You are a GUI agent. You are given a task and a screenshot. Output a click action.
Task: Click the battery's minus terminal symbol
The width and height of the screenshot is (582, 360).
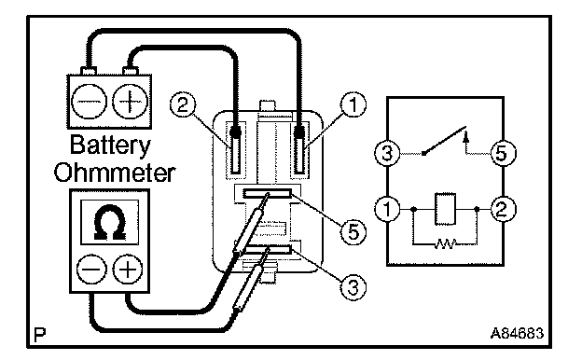tap(89, 102)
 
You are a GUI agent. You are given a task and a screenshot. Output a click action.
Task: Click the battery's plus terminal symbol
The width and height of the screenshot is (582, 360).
tap(130, 102)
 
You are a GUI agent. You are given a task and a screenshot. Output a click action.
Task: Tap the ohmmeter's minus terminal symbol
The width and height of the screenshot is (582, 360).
tap(91, 270)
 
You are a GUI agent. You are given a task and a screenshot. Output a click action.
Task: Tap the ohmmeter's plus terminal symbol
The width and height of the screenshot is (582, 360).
tap(127, 270)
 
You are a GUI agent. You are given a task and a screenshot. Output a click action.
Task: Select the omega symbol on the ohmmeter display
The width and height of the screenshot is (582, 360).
tap(109, 222)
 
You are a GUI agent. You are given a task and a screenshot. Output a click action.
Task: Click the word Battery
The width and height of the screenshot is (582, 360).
tap(110, 145)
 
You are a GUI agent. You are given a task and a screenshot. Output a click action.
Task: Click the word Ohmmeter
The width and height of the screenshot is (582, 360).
tap(115, 173)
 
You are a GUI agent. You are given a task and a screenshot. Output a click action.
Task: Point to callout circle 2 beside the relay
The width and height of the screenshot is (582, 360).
tap(183, 104)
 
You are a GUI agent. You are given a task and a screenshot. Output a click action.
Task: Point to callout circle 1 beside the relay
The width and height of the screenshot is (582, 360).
tap(353, 104)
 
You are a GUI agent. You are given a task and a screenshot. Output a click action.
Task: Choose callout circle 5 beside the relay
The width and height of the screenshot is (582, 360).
tap(353, 232)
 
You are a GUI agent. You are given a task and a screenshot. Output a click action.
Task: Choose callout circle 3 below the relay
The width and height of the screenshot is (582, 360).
tap(353, 287)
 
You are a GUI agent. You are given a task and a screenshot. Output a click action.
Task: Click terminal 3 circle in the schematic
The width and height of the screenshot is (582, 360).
tap(387, 153)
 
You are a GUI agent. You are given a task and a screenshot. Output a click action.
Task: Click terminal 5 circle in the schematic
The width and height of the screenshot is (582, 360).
tap(503, 153)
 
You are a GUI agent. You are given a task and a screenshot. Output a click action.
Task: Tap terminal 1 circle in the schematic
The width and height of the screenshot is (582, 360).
tap(387, 209)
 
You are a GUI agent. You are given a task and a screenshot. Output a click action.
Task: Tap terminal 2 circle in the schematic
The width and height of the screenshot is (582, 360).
tap(503, 209)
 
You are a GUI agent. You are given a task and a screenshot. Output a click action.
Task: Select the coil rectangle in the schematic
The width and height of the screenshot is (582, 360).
tap(445, 209)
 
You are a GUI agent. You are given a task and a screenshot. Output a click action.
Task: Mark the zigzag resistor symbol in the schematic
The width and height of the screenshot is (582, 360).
tap(445, 243)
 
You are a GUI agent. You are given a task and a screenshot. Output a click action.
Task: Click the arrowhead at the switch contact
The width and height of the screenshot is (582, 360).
tap(466, 138)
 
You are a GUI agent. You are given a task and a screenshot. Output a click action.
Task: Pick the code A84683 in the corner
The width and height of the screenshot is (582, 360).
tap(517, 333)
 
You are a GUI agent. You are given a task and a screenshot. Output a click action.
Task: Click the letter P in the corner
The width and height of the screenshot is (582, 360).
tap(39, 335)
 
